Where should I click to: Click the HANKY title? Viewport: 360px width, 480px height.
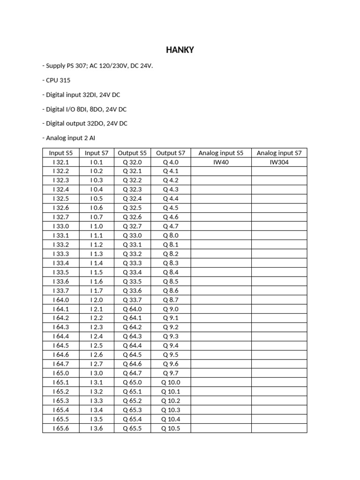tap(180, 50)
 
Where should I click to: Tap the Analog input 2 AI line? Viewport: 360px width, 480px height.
tap(72, 138)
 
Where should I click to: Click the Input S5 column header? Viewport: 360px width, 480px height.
tap(61, 153)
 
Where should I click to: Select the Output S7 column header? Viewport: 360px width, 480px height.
tap(171, 153)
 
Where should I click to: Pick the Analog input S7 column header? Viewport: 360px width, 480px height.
tap(279, 153)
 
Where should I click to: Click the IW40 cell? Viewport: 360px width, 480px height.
tap(221, 162)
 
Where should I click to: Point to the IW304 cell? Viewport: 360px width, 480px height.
tap(279, 162)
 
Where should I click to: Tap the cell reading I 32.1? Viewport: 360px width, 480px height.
tap(61, 162)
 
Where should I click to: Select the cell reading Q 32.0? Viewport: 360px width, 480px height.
tap(132, 162)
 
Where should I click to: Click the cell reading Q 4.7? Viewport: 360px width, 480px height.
tap(171, 226)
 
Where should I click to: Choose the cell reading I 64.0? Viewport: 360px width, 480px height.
tap(61, 300)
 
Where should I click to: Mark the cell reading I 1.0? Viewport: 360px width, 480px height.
tap(97, 226)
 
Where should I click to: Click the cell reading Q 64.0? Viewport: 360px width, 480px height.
tap(132, 309)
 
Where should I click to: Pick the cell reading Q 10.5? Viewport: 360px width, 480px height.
tap(171, 428)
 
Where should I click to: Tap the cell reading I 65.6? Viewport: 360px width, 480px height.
tap(61, 428)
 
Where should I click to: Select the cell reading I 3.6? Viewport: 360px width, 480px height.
tap(97, 428)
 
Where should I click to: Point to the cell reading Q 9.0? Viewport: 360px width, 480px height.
tap(171, 309)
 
